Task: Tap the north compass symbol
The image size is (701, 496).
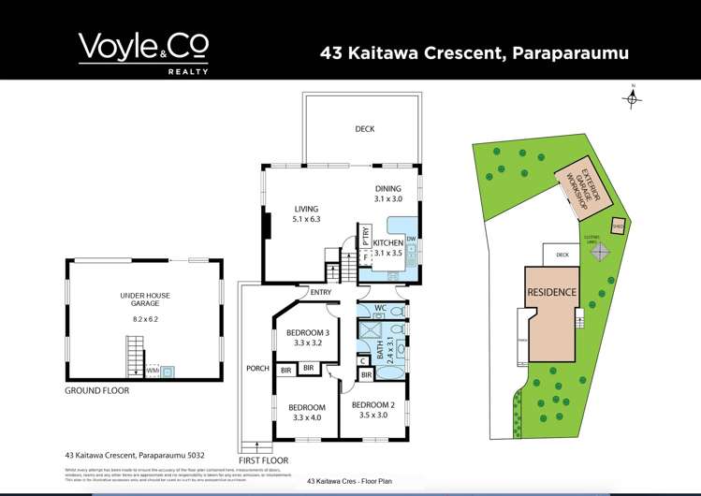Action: [x=633, y=95]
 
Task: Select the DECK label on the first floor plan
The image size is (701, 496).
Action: [x=364, y=129]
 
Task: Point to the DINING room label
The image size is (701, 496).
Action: [x=387, y=193]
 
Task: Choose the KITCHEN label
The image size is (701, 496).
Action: [x=387, y=247]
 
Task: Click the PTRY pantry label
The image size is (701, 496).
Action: [x=366, y=238]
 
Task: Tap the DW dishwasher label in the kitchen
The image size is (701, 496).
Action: [x=412, y=239]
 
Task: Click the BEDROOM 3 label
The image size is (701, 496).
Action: [x=308, y=339]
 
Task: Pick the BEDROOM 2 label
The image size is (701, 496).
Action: [x=371, y=410]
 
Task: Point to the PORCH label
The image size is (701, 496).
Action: [x=256, y=368]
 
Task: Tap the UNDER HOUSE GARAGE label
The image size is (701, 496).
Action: [x=144, y=300]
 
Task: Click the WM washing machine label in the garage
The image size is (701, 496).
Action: [x=152, y=371]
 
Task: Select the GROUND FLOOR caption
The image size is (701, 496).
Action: [x=96, y=390]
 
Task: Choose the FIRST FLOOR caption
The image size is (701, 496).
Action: [x=265, y=461]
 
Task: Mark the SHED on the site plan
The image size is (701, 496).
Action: [x=618, y=226]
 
